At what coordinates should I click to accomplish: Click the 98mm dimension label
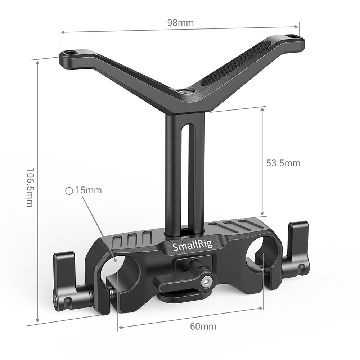click(x=180, y=23)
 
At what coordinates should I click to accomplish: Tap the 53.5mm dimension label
click(x=283, y=163)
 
